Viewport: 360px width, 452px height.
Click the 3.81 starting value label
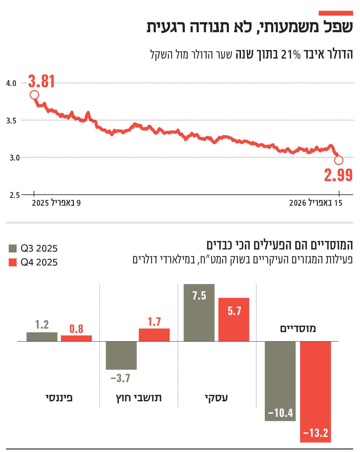click(41, 81)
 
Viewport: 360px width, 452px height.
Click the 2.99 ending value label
click(338, 175)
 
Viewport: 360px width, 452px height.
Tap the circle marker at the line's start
click(34, 95)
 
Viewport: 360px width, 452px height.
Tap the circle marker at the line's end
click(339, 161)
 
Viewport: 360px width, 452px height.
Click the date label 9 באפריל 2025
click(56, 203)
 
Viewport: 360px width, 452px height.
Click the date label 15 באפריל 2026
click(316, 203)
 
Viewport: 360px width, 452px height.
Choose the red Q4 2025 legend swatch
click(13, 262)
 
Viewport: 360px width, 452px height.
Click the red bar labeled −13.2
click(315, 392)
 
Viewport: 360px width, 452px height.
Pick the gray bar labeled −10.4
click(280, 381)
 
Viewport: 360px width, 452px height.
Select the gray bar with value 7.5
click(199, 313)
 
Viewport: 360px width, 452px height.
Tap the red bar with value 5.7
click(234, 320)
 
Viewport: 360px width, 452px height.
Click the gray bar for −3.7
click(121, 355)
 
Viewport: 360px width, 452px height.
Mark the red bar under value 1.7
click(154, 335)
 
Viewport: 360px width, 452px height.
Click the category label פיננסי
click(59, 398)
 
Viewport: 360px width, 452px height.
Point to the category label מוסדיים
click(298, 329)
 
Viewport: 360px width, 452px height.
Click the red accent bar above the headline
click(335, 13)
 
